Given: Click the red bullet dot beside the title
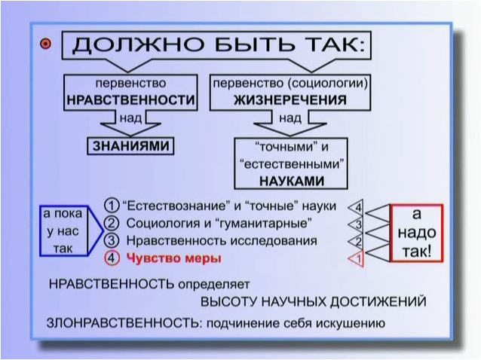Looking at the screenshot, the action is (46, 44).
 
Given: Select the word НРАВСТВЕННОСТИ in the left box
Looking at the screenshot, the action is (131, 100).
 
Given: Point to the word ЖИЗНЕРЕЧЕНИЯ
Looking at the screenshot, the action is (290, 100).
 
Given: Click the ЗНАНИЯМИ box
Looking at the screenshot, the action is (130, 146).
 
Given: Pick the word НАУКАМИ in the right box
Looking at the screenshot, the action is (292, 181).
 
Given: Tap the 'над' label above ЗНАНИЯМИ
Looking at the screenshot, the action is (130, 118).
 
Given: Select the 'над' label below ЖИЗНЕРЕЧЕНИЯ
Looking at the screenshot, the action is (290, 118).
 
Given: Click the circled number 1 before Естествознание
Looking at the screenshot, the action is (112, 206).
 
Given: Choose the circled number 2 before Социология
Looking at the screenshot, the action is (112, 223).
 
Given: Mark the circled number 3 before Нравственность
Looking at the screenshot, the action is (112, 240).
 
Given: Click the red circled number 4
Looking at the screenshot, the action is (112, 258).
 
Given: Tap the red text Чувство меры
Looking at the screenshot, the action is (173, 258).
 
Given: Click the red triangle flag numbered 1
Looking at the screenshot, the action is (357, 259).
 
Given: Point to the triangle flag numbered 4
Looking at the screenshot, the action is (357, 208).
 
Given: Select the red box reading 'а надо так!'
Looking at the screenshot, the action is (417, 233).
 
